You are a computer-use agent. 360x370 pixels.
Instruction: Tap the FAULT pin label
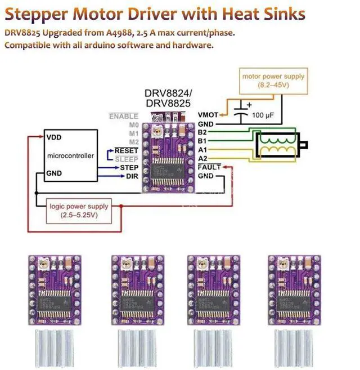[209, 167]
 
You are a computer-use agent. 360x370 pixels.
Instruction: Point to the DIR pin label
[132, 176]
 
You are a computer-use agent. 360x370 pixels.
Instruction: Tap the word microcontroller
[70, 155]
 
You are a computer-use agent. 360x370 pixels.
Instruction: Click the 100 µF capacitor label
[262, 115]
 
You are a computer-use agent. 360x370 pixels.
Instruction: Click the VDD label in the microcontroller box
[55, 137]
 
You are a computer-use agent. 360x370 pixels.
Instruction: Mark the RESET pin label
[127, 151]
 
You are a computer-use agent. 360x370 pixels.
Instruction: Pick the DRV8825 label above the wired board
[168, 103]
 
